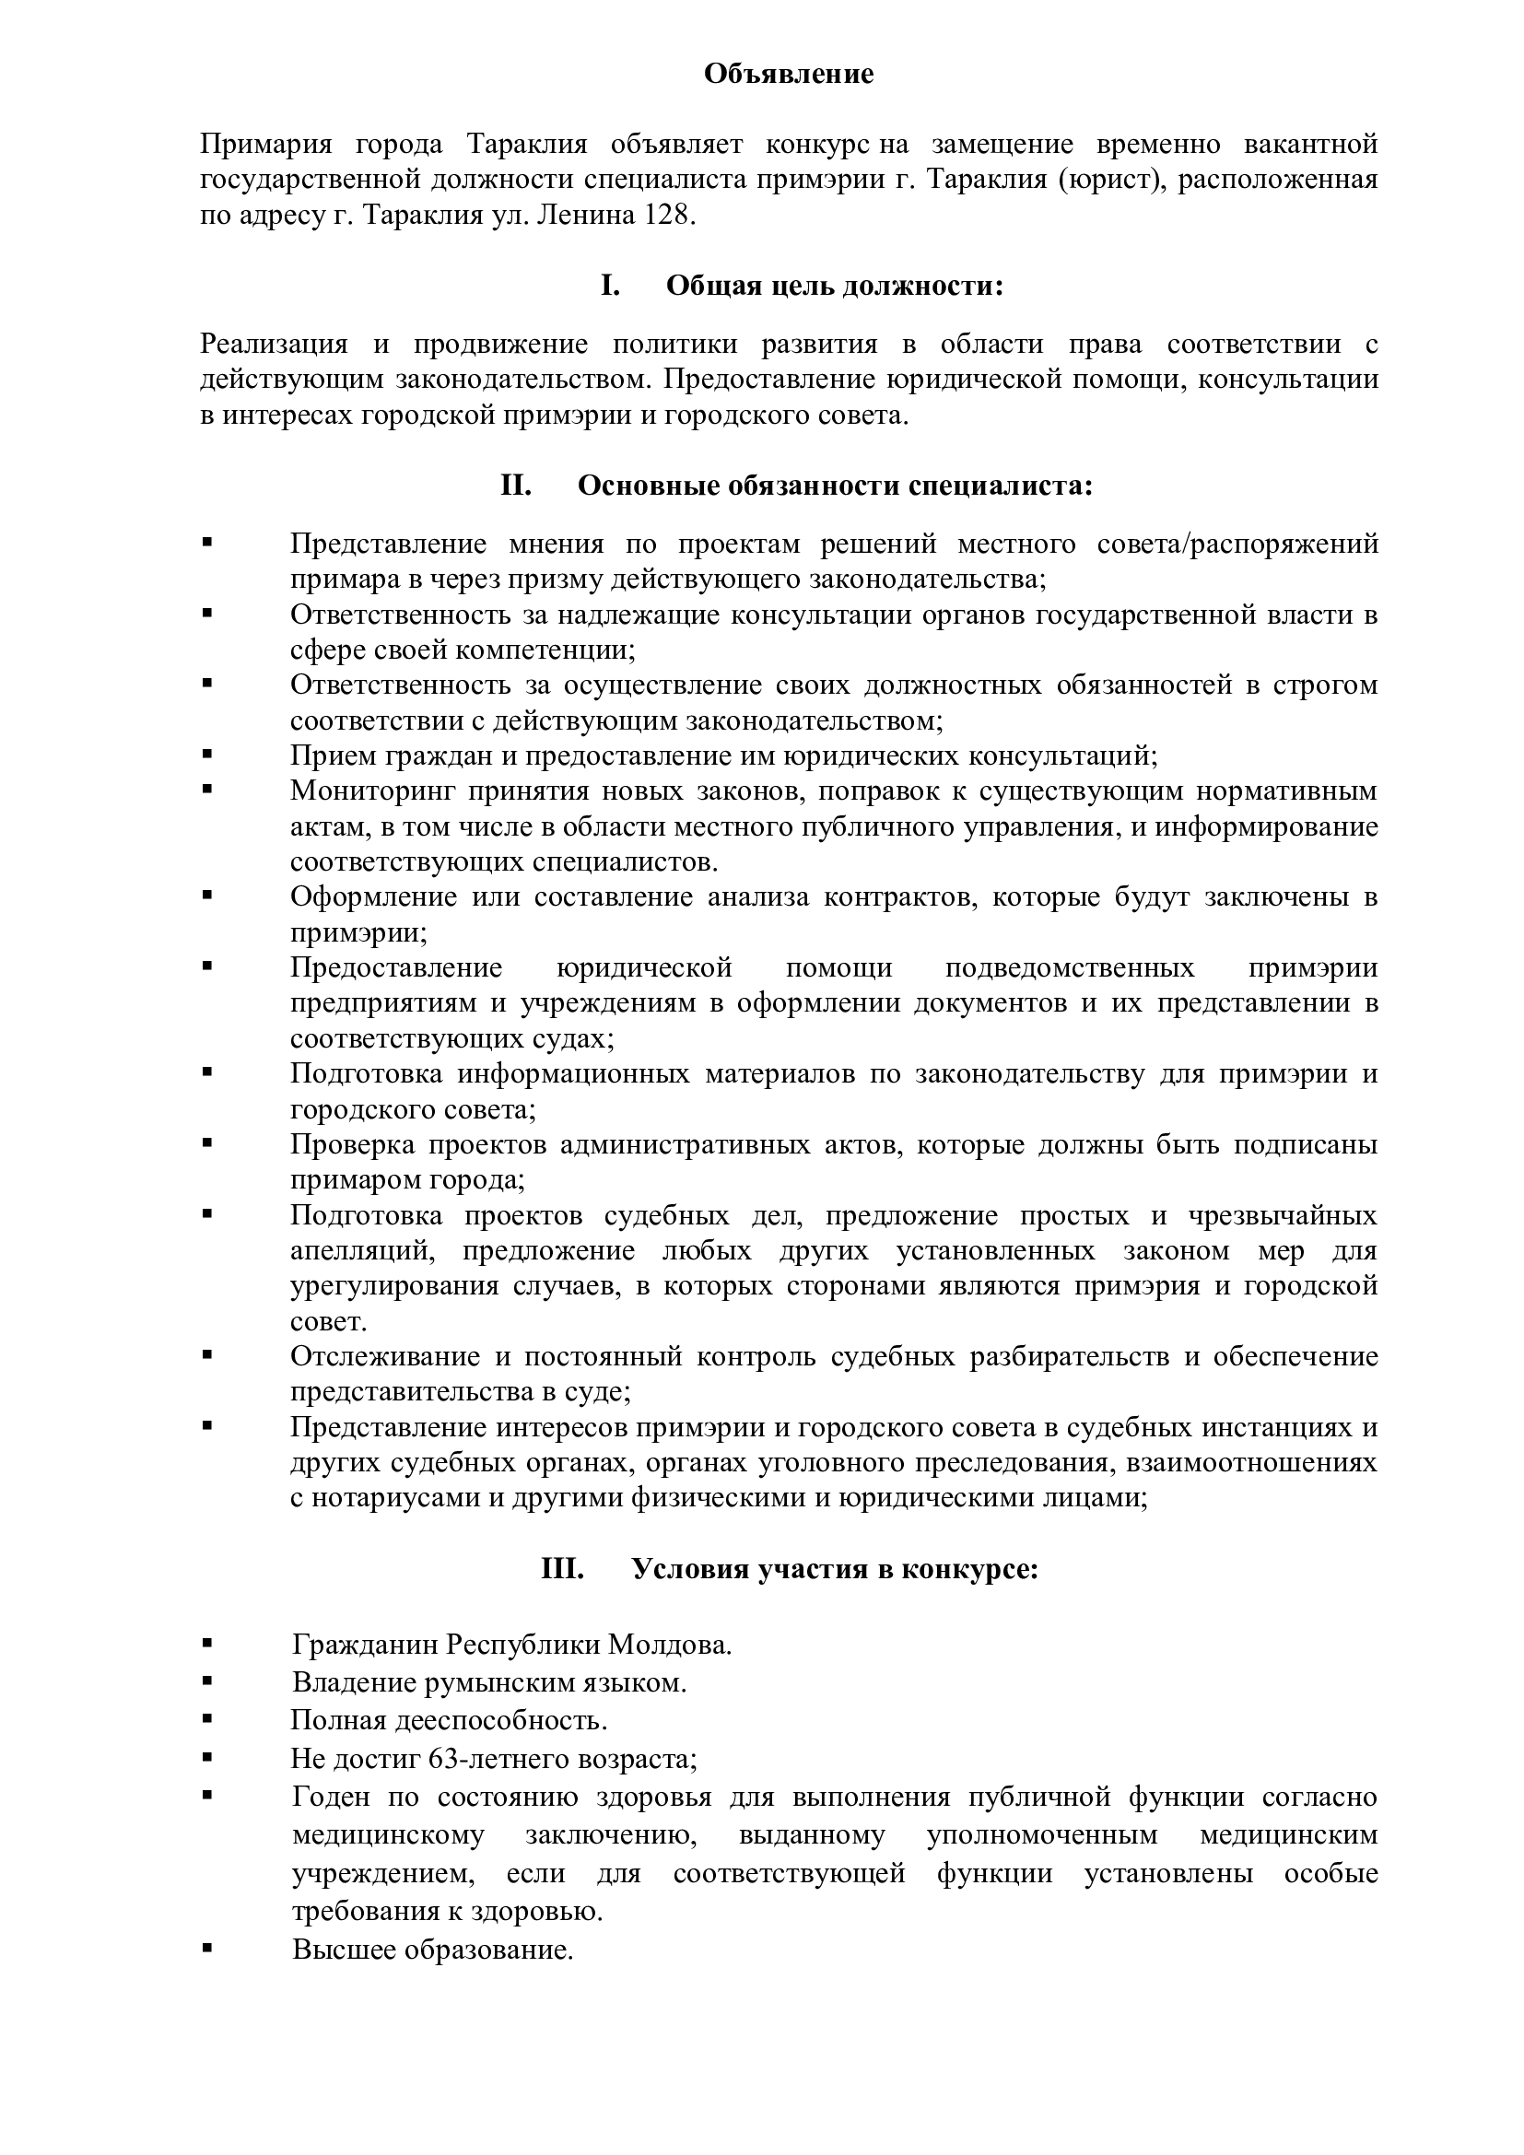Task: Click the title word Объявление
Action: (789, 74)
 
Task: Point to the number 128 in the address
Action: (667, 215)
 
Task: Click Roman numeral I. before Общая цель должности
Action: (610, 286)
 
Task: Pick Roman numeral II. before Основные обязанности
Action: (516, 486)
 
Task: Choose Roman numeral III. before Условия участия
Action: (562, 1568)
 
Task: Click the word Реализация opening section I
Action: (274, 345)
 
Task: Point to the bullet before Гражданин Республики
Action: (206, 1645)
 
